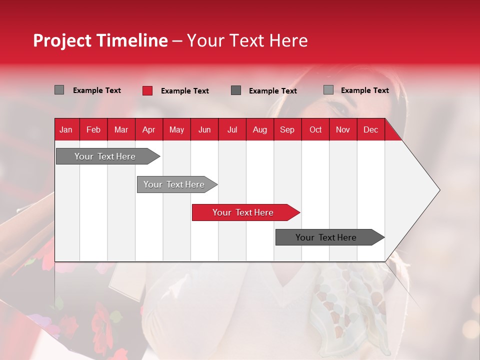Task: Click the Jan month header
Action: coord(66,129)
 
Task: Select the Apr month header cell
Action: coord(148,129)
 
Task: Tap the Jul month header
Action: coord(232,129)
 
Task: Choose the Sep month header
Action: coord(287,129)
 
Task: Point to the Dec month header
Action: coord(370,129)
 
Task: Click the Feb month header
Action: coord(93,129)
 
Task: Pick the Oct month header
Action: coord(315,129)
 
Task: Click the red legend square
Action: coord(147,90)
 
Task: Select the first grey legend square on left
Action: coord(59,90)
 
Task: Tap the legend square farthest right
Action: coord(328,90)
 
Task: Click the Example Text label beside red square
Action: coord(184,91)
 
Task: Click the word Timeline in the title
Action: coord(131,40)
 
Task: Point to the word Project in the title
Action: coord(62,40)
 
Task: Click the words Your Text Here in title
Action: coord(247,40)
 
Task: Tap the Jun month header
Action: coord(204,129)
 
